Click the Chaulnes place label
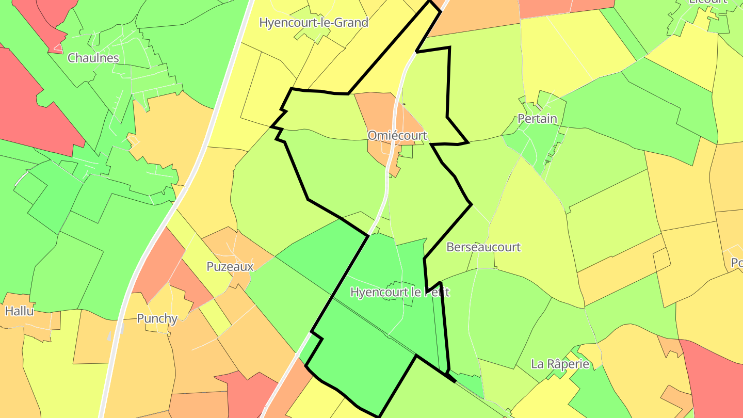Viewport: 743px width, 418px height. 93,58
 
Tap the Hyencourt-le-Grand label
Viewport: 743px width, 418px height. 314,23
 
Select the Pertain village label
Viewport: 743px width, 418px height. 537,119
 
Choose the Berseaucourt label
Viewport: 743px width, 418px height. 483,247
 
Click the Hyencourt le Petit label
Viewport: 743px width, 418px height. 400,292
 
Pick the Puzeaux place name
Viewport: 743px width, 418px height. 230,267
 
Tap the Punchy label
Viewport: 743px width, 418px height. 157,318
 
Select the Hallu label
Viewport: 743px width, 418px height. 20,311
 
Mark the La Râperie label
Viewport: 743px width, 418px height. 560,364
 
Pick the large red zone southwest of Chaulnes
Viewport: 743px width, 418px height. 31,103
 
